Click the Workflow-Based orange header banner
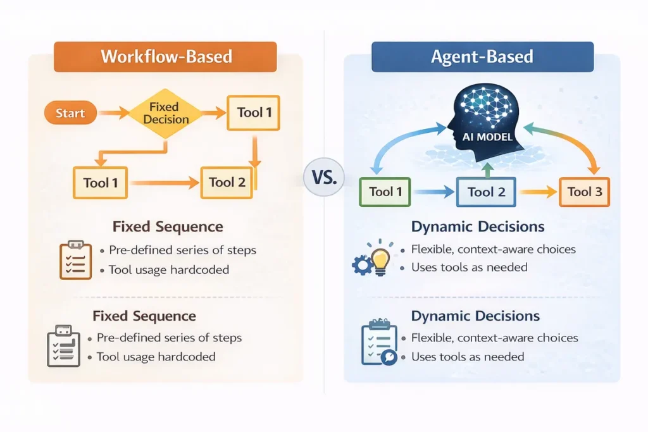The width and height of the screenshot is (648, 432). pos(165,57)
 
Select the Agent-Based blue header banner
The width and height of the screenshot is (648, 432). pos(482,57)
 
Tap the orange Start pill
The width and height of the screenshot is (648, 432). pos(70,113)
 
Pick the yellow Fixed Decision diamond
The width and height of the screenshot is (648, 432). pos(165,113)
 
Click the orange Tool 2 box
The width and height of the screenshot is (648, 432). pos(227,183)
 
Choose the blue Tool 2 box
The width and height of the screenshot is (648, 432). pos(486,192)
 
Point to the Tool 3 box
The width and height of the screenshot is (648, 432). pos(584,192)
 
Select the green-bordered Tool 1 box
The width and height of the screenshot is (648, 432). pos(385,192)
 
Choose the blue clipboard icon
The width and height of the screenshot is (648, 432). pos(379,343)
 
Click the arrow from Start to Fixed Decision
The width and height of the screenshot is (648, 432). pos(114,114)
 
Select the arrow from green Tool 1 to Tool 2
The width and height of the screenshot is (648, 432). pos(433,192)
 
